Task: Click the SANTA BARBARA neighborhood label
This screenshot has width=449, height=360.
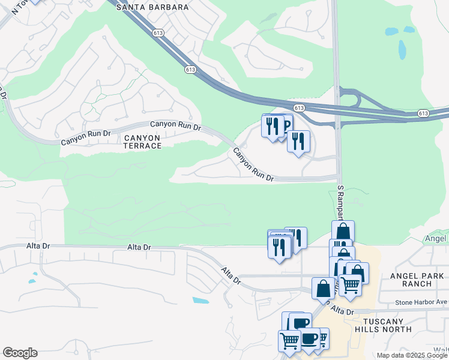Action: point(152,7)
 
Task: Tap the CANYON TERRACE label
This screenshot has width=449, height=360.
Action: point(142,142)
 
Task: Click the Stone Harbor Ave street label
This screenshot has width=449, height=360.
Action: point(421,302)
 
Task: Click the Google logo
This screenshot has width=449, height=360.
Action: point(20,353)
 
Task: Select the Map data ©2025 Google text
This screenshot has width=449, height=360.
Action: point(412,355)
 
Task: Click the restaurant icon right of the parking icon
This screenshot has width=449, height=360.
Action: point(298,142)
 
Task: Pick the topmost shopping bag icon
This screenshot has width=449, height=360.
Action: point(343,232)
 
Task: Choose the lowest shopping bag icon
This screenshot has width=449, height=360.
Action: point(323,289)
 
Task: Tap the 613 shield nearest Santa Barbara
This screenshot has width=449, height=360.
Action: point(158,34)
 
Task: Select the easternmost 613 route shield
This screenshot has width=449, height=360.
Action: point(423,113)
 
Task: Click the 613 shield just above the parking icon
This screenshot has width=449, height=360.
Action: point(300,107)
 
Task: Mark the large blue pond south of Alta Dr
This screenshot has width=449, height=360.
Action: point(202,300)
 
